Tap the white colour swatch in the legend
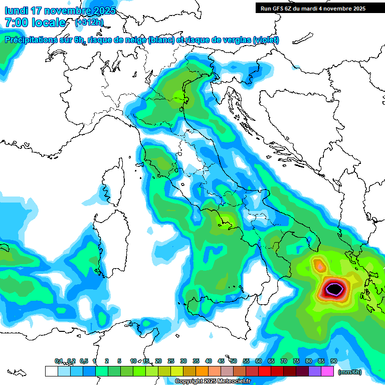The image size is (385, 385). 51,371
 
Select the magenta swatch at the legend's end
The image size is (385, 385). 327,371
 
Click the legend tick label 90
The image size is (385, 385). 333,361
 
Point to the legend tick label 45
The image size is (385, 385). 221,361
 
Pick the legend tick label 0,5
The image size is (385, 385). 83,361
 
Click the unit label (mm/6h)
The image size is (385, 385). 350,372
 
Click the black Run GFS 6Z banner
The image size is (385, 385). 313,9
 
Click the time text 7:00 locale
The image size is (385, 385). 35,23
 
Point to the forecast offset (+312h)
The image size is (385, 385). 89,23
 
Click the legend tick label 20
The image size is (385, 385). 158,361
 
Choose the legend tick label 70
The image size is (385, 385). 284,361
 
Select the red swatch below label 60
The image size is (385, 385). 264,371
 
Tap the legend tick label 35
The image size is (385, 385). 196,361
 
